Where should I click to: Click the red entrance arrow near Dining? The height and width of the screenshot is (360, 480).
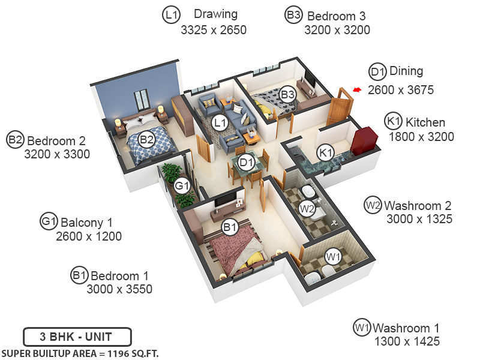tap(357, 89)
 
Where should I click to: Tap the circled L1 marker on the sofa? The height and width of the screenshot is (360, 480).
tap(220, 123)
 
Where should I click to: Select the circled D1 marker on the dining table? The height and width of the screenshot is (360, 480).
tap(247, 162)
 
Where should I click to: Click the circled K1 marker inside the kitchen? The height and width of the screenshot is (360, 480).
tap(325, 152)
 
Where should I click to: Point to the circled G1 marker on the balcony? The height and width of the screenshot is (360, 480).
tap(182, 186)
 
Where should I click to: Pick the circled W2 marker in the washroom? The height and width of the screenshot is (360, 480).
tap(307, 209)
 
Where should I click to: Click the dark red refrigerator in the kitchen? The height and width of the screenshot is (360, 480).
tap(364, 141)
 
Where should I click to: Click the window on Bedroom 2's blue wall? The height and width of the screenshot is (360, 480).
tap(141, 100)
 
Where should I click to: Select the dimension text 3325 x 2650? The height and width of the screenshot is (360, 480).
tap(214, 30)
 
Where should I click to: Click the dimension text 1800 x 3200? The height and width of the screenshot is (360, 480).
tap(422, 137)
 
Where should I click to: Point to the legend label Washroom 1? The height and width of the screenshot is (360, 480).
tap(406, 328)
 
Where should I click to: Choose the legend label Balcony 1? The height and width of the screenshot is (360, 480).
tap(86, 223)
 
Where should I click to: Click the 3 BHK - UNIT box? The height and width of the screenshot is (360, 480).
tap(77, 337)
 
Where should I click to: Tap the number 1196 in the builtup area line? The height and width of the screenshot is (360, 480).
tap(118, 354)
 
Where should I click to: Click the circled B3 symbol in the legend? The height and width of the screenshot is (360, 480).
tap(293, 14)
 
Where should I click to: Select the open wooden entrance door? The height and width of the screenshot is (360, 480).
tap(339, 107)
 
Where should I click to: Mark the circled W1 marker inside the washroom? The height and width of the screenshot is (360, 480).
tap(333, 256)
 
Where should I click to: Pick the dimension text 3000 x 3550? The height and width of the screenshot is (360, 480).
tap(119, 289)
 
